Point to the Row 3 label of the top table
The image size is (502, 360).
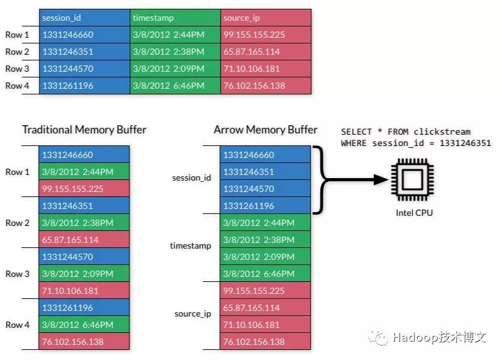click(17, 69)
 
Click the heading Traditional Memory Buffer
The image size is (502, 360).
click(84, 130)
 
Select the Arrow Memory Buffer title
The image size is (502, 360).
click(265, 130)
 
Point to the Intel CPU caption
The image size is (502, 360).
click(414, 213)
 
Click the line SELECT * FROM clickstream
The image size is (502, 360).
click(406, 132)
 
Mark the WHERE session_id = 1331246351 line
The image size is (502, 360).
click(416, 143)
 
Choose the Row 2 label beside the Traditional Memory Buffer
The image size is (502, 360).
click(17, 223)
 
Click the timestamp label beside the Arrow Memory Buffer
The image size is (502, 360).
click(191, 245)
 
